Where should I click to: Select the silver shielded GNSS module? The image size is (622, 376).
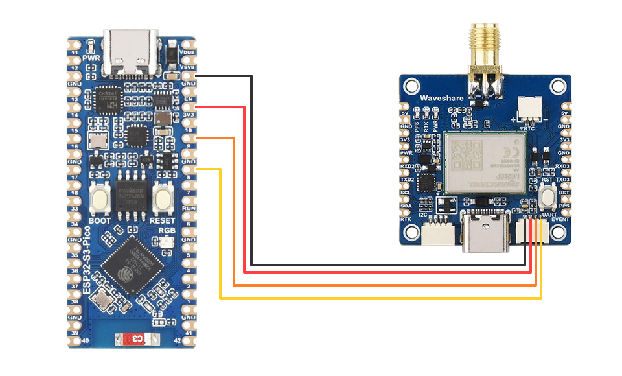point(483,162)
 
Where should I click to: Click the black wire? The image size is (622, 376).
point(252,194)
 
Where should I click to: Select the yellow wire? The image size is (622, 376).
point(221,259)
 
